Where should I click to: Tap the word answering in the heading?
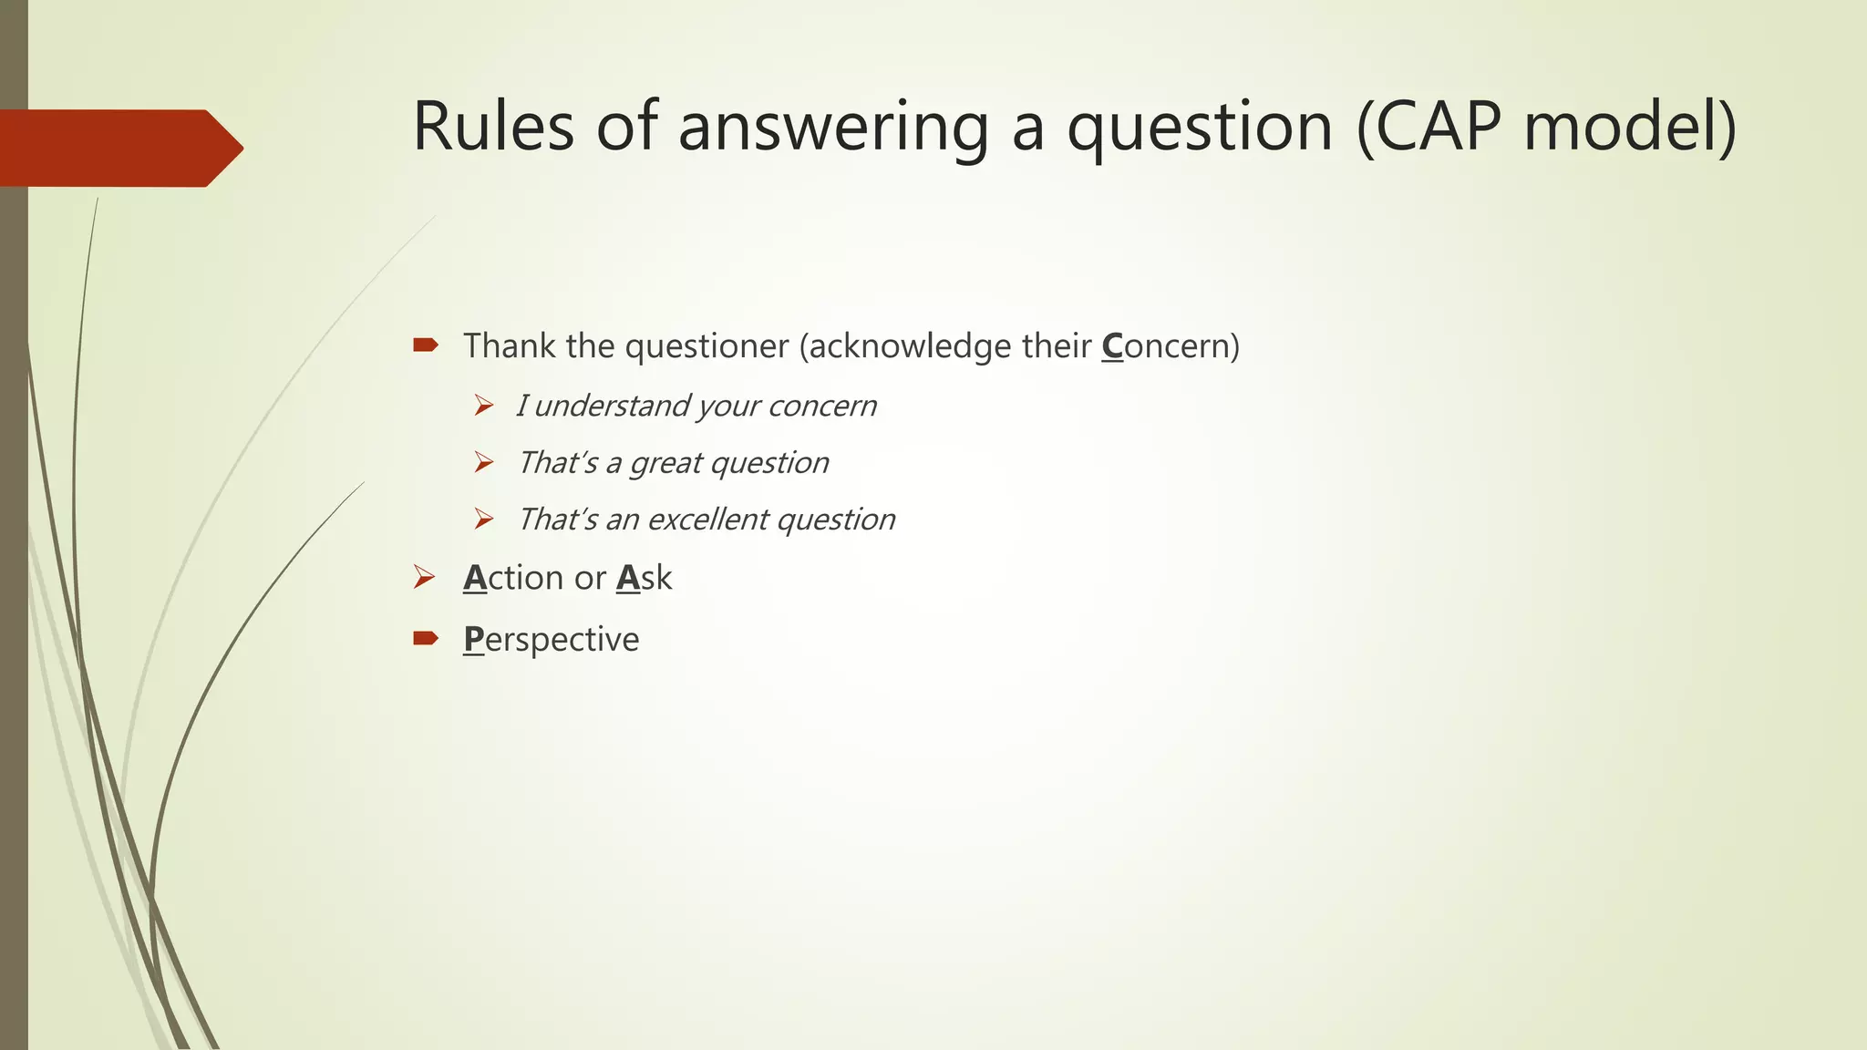click(x=832, y=128)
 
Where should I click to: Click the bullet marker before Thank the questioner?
click(x=425, y=345)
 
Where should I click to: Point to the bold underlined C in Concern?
click(x=1112, y=346)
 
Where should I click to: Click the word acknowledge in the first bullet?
click(x=909, y=346)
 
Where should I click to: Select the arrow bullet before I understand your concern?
click(x=483, y=405)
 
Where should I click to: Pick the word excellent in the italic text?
click(x=707, y=520)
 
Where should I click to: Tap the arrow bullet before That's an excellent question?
click(x=483, y=520)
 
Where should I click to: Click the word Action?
click(x=512, y=578)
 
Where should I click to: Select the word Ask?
click(x=644, y=578)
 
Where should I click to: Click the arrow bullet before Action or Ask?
click(x=424, y=577)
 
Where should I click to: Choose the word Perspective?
click(x=551, y=639)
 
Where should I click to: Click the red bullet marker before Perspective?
click(x=425, y=638)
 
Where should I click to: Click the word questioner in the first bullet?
click(x=707, y=346)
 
